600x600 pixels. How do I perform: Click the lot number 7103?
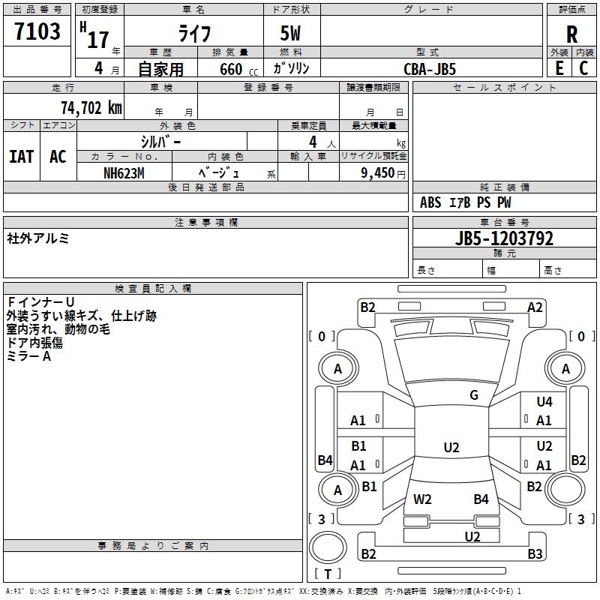point(37,32)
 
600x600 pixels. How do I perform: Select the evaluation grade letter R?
point(571,34)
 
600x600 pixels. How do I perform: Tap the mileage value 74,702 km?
point(91,107)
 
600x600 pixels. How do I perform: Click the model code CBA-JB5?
point(430,68)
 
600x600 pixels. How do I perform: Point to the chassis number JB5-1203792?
point(505,238)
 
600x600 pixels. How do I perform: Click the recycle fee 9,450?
point(378,172)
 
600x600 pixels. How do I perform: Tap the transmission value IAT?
point(21,157)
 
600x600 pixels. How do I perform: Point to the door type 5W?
point(291,34)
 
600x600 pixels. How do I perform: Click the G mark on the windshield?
point(474,395)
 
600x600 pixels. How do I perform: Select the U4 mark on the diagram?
point(544,402)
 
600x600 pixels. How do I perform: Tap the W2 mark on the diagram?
point(422,499)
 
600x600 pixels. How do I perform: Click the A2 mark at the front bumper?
point(535,307)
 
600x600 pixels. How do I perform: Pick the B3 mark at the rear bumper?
point(535,554)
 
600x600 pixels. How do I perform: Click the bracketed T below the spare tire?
point(328,574)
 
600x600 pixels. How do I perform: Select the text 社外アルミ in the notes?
point(38,238)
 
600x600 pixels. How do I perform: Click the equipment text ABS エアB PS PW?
point(466,202)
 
